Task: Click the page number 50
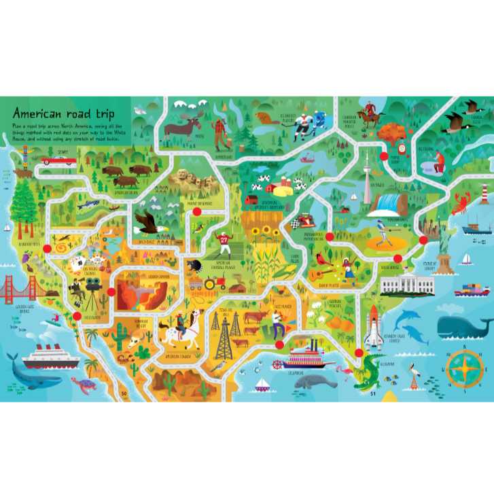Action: point(124,394)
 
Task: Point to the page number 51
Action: point(372,394)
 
